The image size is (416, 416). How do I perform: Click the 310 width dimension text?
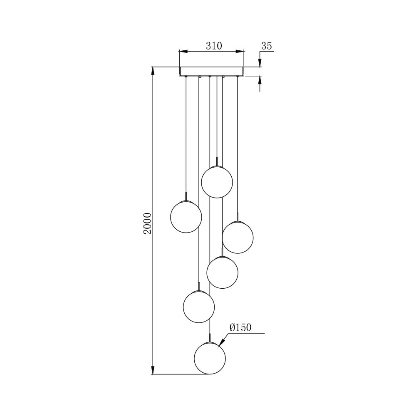point(214,46)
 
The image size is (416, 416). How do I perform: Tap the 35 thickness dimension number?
point(266,46)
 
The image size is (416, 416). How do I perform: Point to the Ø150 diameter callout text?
point(240,328)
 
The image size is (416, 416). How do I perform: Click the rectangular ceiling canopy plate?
point(211,71)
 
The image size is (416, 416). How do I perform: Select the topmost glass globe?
point(217,182)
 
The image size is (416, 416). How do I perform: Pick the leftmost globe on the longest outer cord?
point(186,217)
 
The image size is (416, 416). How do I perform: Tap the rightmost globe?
point(238,237)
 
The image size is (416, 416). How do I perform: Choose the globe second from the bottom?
point(199,307)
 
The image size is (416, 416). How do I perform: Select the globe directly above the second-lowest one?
point(223,272)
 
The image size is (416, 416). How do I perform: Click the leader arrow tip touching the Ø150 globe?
point(219,345)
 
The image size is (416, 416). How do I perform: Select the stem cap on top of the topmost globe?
point(217,161)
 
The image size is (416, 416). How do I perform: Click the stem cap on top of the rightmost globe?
point(238,217)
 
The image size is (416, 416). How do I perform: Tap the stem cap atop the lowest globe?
point(210,338)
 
